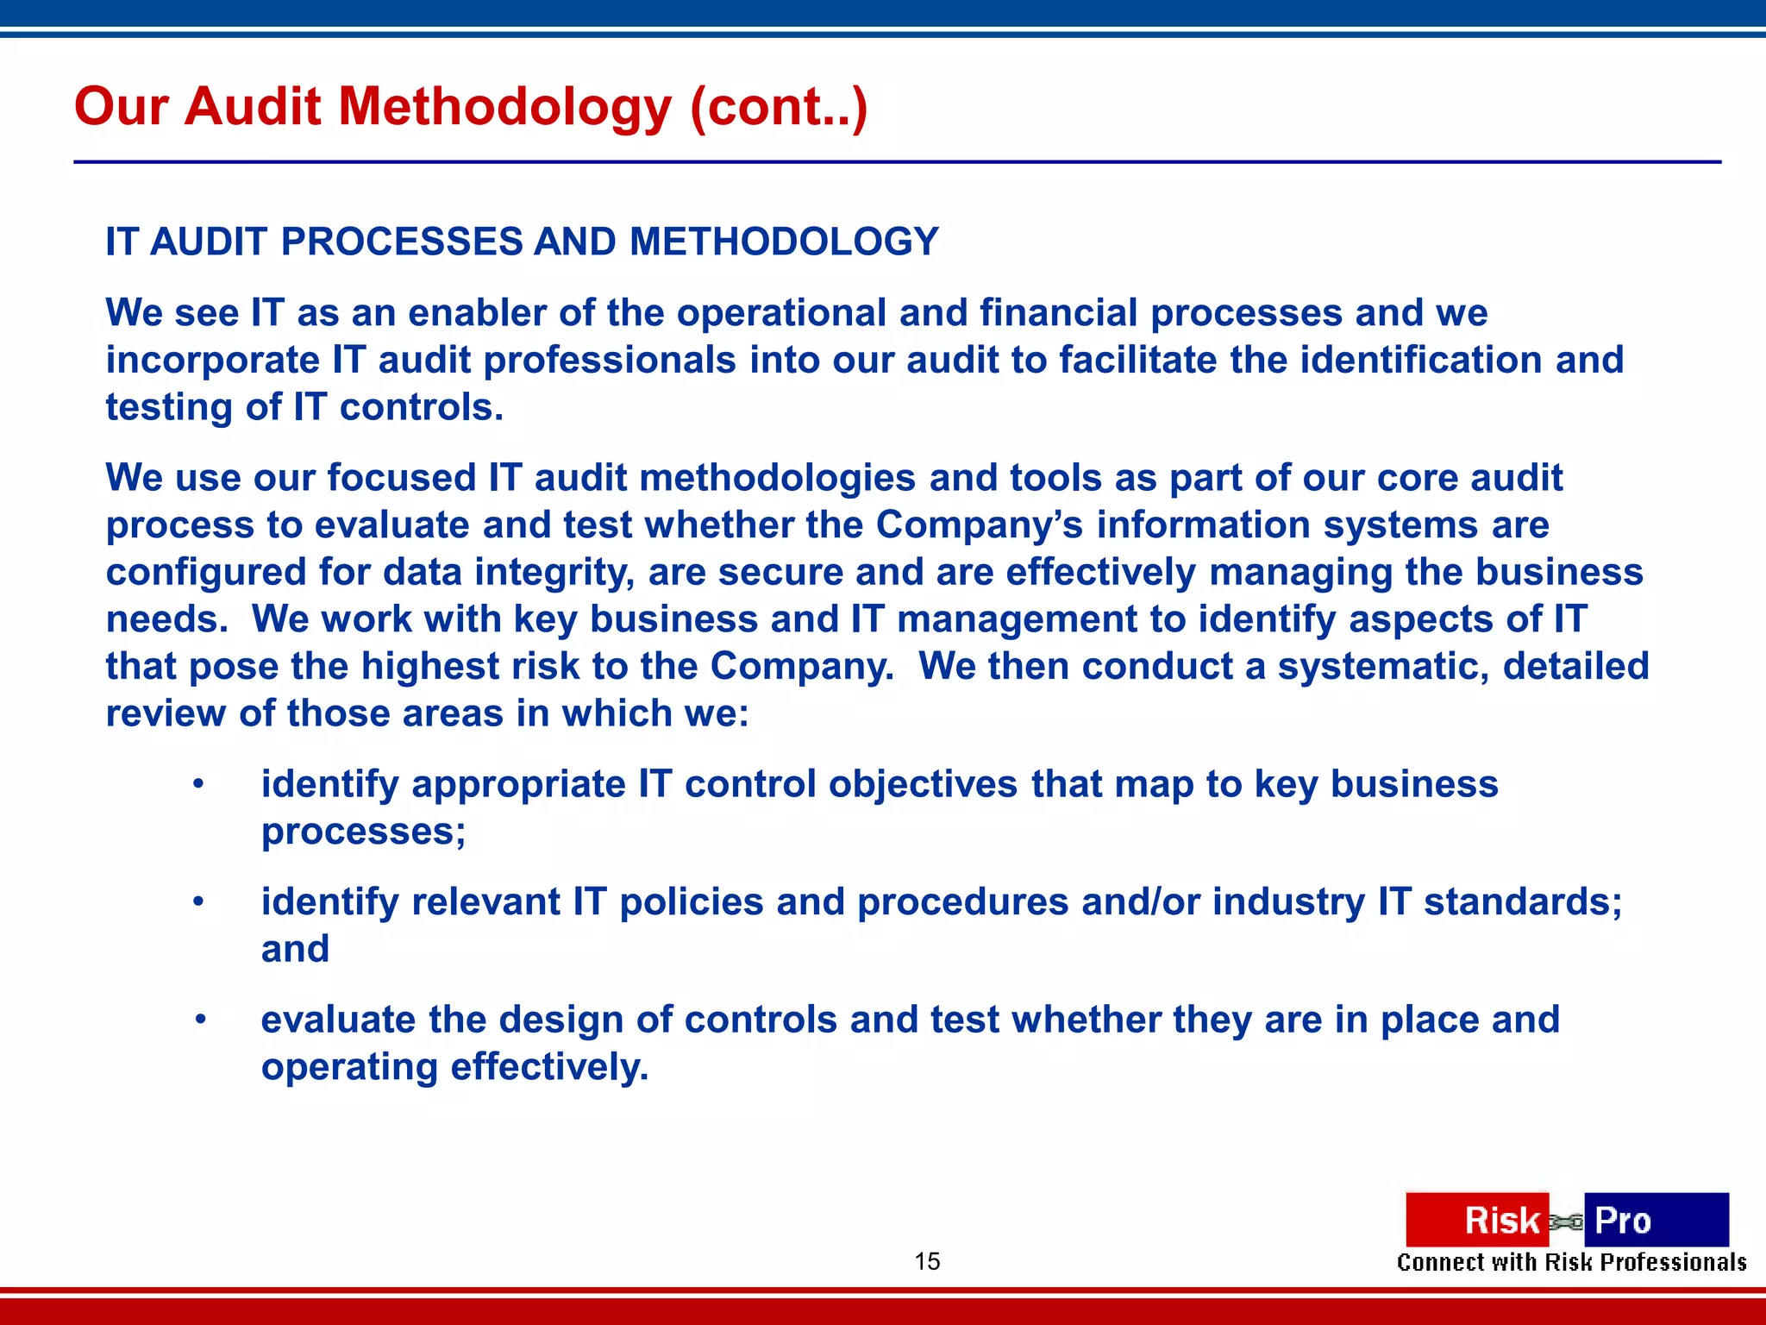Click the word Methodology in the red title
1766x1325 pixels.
point(504,108)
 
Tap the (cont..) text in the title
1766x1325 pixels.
point(778,108)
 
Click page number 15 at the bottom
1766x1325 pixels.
point(927,1261)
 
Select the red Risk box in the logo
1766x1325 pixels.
point(1476,1220)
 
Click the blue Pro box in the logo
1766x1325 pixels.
point(1656,1220)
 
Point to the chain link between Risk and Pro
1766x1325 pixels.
point(1566,1221)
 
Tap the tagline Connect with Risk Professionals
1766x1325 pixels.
point(1571,1263)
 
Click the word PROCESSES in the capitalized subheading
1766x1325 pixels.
point(401,242)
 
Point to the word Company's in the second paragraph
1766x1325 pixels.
point(979,525)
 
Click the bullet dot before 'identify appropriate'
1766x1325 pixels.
point(199,784)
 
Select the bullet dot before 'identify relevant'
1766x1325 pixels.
point(199,902)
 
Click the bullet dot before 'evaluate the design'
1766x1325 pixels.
point(199,1020)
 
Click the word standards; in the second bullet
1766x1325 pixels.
point(1523,902)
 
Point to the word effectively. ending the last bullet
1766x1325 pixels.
point(549,1067)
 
